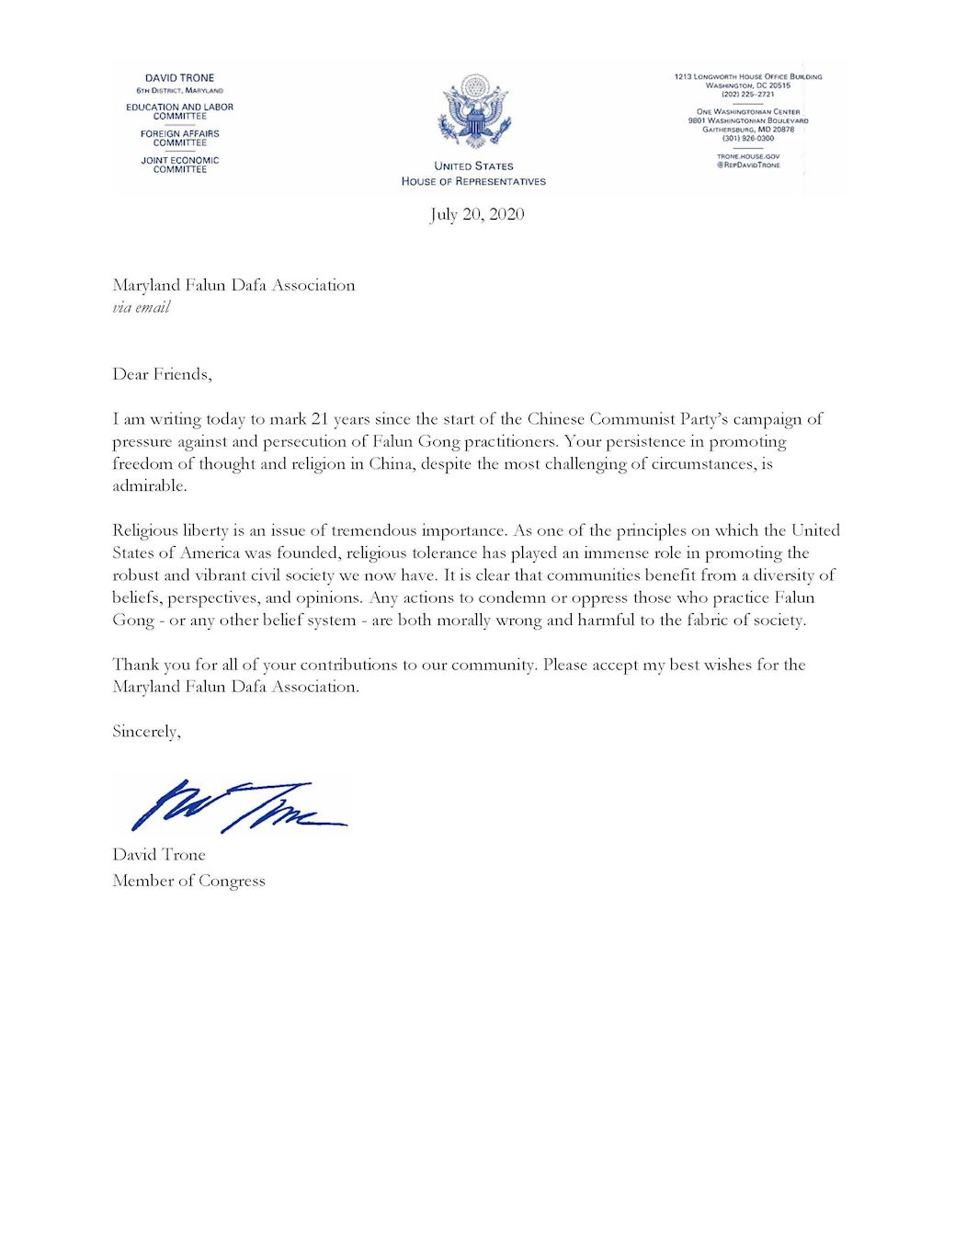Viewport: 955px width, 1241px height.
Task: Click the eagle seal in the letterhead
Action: pos(474,112)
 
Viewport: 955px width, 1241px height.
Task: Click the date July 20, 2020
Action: pos(477,214)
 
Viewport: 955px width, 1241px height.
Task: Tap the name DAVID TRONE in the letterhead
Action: pos(179,78)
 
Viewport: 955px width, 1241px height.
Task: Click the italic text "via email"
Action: pos(142,308)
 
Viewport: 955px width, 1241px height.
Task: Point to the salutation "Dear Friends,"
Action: pos(162,374)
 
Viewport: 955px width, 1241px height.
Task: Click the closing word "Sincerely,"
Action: pos(146,732)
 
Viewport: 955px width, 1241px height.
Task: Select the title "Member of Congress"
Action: pos(188,881)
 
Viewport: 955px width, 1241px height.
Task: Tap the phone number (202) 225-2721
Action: pos(747,94)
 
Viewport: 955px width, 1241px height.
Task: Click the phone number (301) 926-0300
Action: pos(747,138)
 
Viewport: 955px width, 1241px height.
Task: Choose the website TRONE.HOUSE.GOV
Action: pos(747,156)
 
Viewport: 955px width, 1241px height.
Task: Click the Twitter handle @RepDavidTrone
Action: pos(747,165)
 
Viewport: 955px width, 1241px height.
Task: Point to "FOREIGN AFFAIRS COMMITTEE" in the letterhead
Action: pos(179,138)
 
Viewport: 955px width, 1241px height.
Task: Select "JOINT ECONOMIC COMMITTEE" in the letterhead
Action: pos(179,165)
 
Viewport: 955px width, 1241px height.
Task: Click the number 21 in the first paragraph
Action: pos(320,419)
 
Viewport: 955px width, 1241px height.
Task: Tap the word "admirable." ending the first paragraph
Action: pos(150,486)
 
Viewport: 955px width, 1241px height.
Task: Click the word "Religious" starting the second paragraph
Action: pos(149,530)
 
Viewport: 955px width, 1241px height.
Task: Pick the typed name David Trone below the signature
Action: pos(159,855)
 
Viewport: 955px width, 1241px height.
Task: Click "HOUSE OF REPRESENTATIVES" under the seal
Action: pos(473,181)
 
